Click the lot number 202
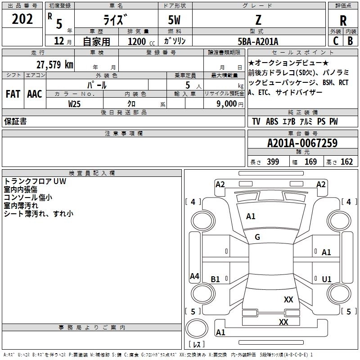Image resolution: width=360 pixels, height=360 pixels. point(22,19)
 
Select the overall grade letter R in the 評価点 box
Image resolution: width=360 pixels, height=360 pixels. point(343,21)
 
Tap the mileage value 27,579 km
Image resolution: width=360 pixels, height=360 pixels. point(54,65)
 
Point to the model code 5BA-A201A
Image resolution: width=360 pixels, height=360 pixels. point(258,41)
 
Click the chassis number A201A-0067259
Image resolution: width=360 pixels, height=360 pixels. point(302,143)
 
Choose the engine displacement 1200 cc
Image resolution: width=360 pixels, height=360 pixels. point(141,41)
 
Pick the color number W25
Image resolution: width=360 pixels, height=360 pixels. point(74,104)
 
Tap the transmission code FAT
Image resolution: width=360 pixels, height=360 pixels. point(13,94)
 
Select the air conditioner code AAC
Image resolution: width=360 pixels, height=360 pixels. point(35,94)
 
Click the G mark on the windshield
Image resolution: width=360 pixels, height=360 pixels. point(257,237)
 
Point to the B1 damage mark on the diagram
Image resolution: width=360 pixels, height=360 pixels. point(215,279)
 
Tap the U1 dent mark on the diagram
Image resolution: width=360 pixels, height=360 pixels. point(327,279)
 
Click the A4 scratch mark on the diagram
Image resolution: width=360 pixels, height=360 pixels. point(194,276)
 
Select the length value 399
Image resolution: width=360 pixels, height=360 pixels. point(273,162)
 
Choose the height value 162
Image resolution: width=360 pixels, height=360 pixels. point(346,162)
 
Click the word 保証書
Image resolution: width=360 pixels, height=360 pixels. point(15,121)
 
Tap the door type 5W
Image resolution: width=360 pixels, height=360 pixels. point(174,20)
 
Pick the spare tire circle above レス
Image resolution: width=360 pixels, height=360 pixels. point(197,328)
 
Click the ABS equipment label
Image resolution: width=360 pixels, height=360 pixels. point(272,121)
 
